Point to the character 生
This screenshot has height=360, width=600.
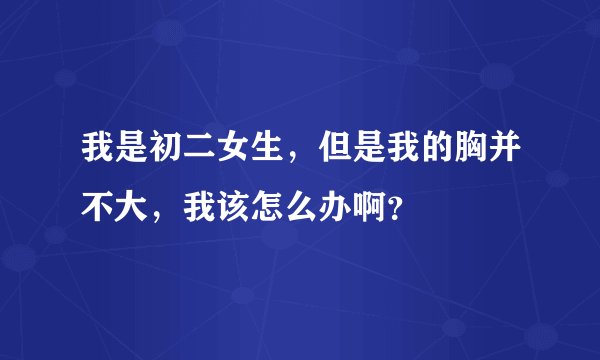265,155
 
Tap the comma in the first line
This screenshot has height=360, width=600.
292,166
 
